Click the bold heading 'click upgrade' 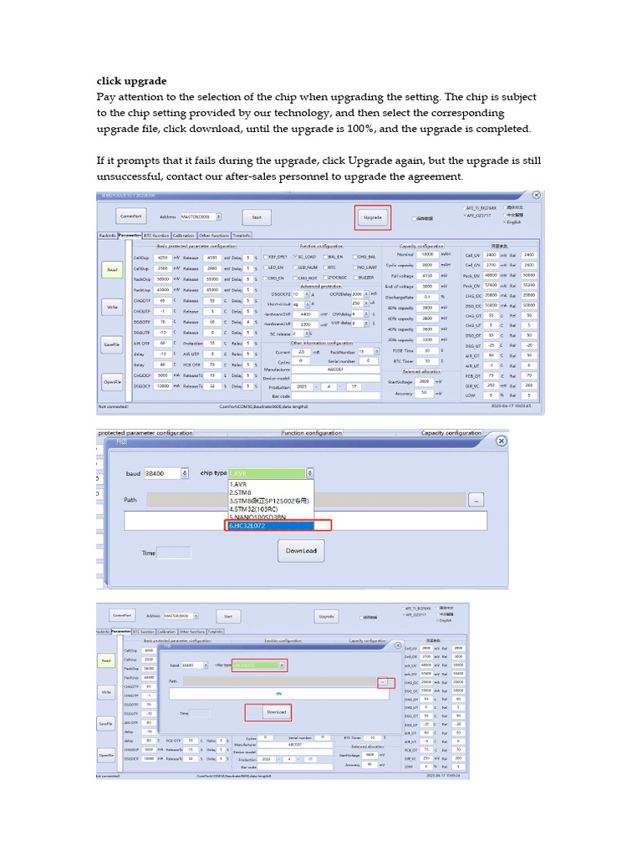pos(132,81)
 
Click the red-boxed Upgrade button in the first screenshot pos(372,217)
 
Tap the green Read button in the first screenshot pos(112,270)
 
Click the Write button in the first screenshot pos(112,307)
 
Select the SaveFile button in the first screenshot pos(112,344)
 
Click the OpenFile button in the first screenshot pos(112,381)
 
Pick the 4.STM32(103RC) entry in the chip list pos(268,509)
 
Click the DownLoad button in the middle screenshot pos(301,551)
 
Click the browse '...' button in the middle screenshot pos(476,499)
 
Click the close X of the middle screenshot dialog pos(499,441)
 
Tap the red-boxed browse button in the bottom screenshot pos(385,682)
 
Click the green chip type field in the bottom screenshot pos(258,665)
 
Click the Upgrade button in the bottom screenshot pos(326,616)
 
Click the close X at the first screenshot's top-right pos(536,195)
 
